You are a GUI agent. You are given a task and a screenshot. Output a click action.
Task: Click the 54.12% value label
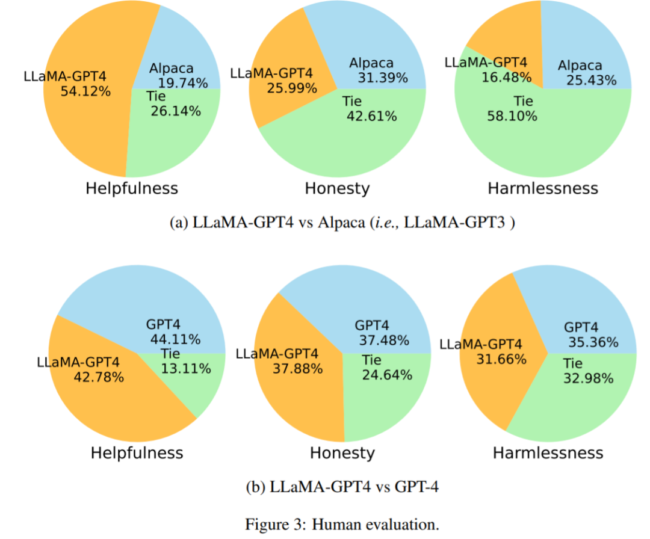85,91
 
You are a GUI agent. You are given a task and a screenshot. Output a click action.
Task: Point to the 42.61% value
371,116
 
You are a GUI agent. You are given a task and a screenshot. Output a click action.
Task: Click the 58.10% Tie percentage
512,116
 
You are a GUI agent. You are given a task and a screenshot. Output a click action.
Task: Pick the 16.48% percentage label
506,77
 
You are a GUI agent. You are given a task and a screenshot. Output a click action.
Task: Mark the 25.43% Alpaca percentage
591,80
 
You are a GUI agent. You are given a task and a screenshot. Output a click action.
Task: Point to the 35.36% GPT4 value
593,343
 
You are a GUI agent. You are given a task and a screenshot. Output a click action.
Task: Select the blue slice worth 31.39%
373,36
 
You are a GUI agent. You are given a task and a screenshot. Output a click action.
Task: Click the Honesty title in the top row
337,188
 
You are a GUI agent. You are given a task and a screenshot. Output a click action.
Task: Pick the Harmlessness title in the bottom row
548,452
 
